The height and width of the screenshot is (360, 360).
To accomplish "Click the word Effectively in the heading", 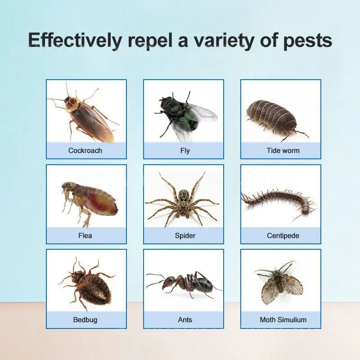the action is [75, 40].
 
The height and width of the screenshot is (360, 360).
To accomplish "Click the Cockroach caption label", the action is [85, 151].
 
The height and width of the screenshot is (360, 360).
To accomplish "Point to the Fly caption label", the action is [185, 151].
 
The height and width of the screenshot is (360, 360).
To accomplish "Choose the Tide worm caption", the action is [283, 151].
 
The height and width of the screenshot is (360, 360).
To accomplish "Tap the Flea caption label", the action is [85, 235].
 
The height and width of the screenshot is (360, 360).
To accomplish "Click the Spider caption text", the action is [185, 236].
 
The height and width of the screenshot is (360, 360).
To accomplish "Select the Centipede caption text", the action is [283, 236].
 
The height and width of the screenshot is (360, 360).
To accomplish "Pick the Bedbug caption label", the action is [85, 320].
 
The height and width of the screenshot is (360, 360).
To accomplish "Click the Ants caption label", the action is [185, 320].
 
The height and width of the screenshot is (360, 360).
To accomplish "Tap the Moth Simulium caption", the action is [283, 320].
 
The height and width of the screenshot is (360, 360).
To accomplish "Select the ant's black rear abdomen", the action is [204, 285].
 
